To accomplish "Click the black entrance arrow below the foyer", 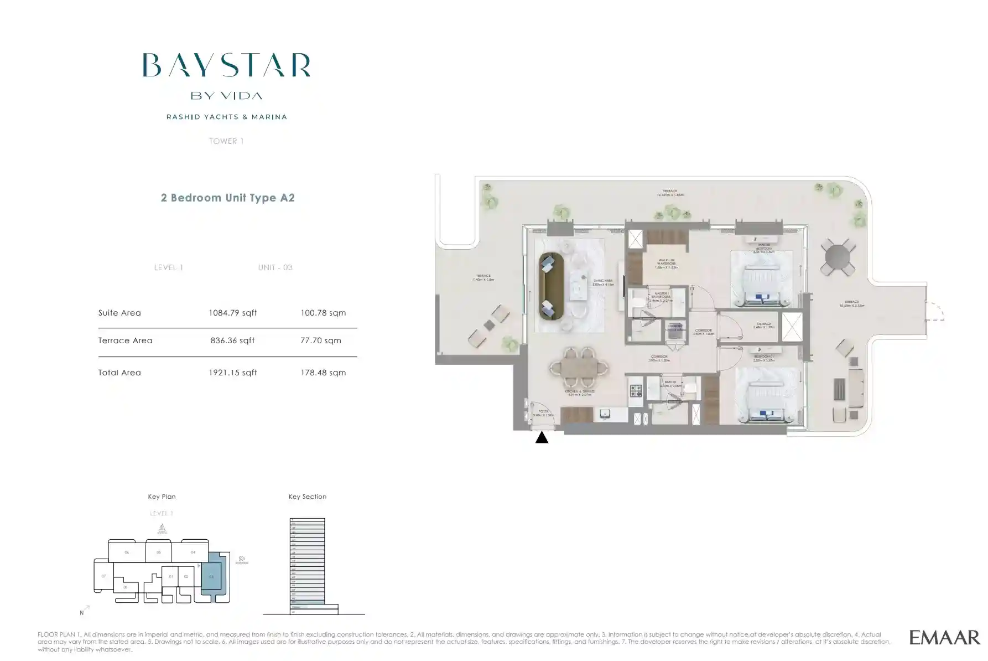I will pos(542,437).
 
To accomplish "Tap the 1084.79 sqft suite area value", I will pos(232,313).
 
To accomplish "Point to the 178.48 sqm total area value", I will pos(323,373).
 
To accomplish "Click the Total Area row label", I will pos(119,373).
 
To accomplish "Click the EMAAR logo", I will pos(944,637).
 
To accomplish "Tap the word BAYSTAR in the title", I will pos(226,65).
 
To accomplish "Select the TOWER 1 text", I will pos(226,141).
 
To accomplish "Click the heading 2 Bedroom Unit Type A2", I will pos(227,198).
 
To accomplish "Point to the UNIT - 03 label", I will pos(275,267).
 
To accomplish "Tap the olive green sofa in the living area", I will pos(551,286).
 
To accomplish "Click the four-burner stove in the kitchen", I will pos(636,391).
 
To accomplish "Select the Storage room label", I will pos(764,325).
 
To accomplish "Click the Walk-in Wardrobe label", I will pos(665,264).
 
